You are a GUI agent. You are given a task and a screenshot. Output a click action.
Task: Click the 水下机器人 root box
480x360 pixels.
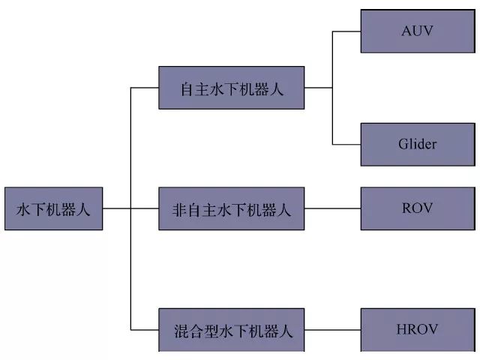(x=53, y=208)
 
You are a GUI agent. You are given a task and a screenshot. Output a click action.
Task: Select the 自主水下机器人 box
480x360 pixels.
(x=232, y=88)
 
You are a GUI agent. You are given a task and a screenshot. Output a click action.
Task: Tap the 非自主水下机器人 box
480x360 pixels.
(x=232, y=208)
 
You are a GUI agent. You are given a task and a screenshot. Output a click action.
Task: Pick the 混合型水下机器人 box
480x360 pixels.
(x=232, y=329)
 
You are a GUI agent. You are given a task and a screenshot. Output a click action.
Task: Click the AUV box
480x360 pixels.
(x=417, y=31)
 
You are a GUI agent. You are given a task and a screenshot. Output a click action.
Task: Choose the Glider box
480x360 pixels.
(x=417, y=144)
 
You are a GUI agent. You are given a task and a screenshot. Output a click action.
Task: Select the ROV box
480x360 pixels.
(x=417, y=208)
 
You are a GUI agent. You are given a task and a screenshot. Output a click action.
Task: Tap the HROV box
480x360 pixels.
(x=417, y=328)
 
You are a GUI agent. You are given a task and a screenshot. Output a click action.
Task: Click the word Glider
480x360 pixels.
(x=417, y=144)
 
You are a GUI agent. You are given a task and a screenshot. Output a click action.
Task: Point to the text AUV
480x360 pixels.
(x=417, y=31)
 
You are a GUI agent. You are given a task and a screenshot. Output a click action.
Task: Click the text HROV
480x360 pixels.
(x=417, y=328)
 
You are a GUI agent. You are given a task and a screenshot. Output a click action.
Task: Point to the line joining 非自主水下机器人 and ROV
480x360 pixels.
(x=332, y=208)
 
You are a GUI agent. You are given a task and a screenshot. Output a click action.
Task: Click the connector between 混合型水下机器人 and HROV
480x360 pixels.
(x=332, y=329)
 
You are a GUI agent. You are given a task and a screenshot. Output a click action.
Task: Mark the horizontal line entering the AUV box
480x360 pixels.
(x=346, y=31)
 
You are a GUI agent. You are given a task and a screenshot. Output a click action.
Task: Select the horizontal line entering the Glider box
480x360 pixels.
(x=346, y=144)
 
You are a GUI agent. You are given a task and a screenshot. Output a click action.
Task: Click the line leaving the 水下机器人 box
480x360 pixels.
(x=116, y=208)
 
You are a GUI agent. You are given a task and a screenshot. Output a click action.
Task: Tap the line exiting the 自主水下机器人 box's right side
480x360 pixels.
(x=318, y=88)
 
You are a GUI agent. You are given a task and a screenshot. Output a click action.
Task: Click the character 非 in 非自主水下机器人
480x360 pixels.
(x=169, y=209)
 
